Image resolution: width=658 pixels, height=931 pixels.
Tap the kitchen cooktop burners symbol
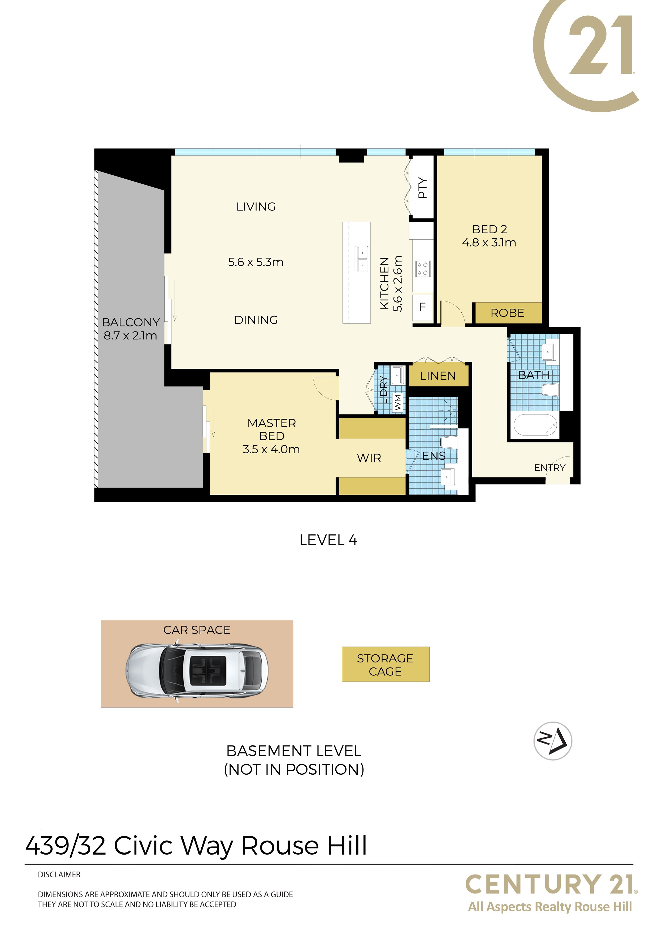coord(422,268)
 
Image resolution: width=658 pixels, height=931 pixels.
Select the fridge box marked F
coord(422,307)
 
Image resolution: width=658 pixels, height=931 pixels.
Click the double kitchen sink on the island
coord(362,259)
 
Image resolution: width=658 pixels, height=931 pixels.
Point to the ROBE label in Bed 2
coord(507,313)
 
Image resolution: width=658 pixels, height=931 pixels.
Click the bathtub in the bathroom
coord(535,425)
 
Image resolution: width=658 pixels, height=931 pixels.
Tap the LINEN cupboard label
coord(438,376)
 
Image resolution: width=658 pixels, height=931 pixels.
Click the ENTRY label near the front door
coord(549,468)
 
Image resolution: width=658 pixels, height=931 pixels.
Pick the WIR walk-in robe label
coord(369,458)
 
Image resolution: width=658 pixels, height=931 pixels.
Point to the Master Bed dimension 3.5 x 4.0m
coord(271,449)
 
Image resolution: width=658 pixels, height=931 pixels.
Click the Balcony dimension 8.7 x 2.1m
coord(130,335)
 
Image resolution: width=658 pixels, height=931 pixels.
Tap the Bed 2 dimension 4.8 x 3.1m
coord(489,243)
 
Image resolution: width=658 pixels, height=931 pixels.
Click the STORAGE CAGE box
coord(386,664)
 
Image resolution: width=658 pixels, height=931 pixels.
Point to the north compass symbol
coord(553,741)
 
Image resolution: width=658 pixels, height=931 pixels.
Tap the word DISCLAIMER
coord(59,875)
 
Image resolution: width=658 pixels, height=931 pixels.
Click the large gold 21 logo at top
coord(586,55)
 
